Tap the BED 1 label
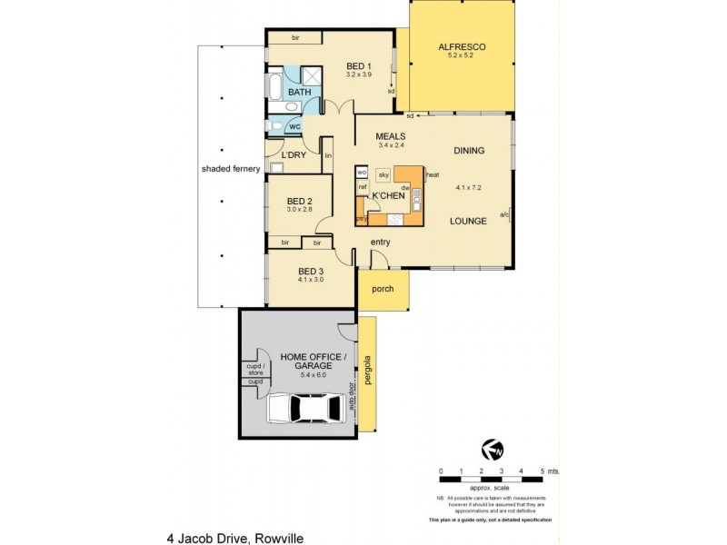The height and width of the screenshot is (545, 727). pyautogui.click(x=359, y=66)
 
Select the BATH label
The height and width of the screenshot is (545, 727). pyautogui.click(x=298, y=93)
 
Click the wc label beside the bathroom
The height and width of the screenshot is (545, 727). pyautogui.click(x=294, y=126)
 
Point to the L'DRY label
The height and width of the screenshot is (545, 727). pyautogui.click(x=294, y=155)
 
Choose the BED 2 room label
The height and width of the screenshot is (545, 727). pyautogui.click(x=299, y=201)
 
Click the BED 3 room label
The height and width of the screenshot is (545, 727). pyautogui.click(x=311, y=271)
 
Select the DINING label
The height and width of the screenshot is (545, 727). pyautogui.click(x=469, y=151)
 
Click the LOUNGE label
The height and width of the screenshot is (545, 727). pyautogui.click(x=469, y=221)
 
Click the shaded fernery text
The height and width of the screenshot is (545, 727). pyautogui.click(x=231, y=169)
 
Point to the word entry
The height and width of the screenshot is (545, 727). pyautogui.click(x=381, y=242)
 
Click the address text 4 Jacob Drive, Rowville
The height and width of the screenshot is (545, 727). pyautogui.click(x=234, y=538)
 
